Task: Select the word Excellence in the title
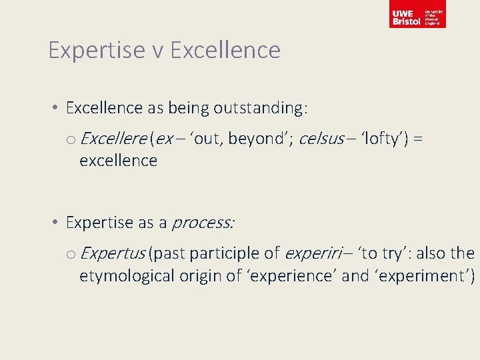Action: (x=226, y=50)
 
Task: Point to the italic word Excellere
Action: (x=113, y=139)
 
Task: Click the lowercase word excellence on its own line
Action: (x=118, y=161)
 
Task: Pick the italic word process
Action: (x=203, y=223)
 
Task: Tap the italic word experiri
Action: (x=311, y=253)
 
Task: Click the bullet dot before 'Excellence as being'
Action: (x=59, y=108)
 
